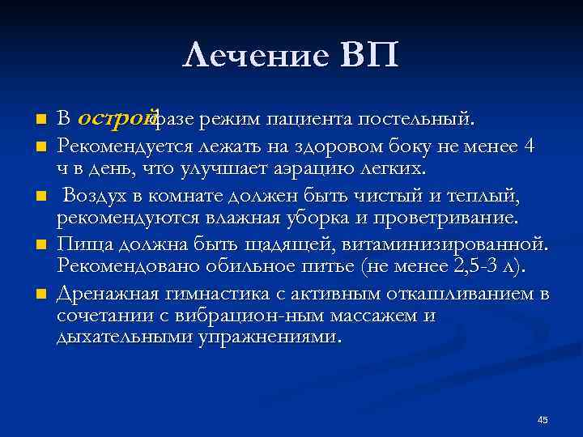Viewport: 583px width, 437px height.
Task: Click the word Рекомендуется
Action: (x=118, y=146)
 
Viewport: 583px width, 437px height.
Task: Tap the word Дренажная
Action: (x=103, y=292)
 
